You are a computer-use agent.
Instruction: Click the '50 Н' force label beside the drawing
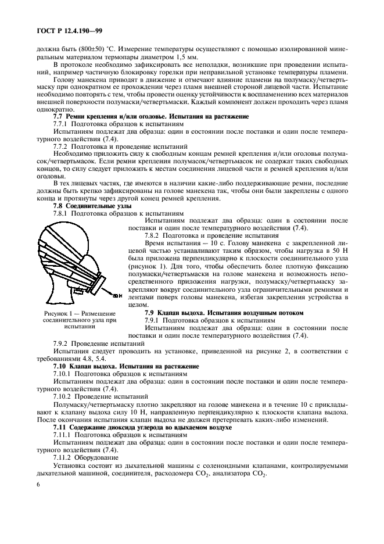tap(116, 296)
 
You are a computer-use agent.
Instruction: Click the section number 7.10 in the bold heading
tap(60, 367)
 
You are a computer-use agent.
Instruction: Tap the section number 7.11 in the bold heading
tap(60, 427)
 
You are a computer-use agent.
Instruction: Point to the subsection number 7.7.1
tap(61, 124)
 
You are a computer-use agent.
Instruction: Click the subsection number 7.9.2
tap(61, 344)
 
